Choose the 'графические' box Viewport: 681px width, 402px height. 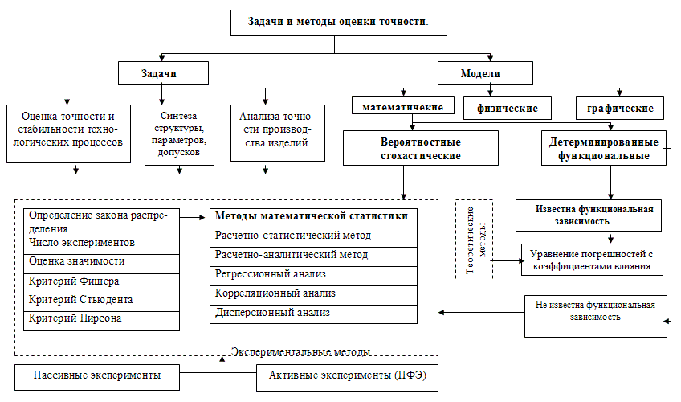click(x=619, y=107)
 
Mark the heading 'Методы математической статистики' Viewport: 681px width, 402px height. click(x=313, y=217)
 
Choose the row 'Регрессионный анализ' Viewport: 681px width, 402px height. click(x=313, y=274)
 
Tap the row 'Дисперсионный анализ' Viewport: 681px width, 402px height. click(x=313, y=312)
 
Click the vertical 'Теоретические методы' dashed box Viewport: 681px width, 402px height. click(x=473, y=240)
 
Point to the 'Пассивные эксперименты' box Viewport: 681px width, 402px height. click(x=96, y=375)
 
